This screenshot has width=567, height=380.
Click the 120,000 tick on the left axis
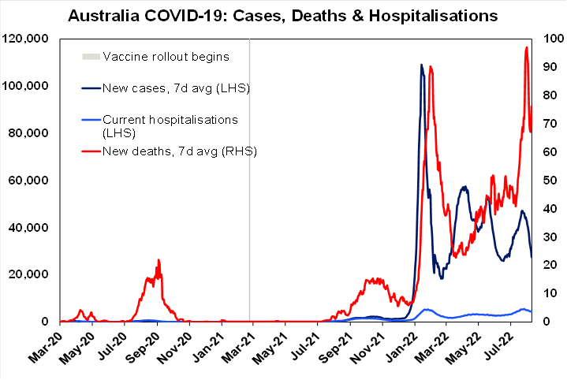pyautogui.click(x=28, y=39)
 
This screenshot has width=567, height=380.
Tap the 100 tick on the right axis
pyautogui.click(x=550, y=39)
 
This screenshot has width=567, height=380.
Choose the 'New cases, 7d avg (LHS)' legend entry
pyautogui.click(x=176, y=88)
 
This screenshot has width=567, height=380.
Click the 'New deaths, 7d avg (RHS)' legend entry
pyautogui.click(x=180, y=150)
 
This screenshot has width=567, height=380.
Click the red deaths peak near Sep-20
pyautogui.click(x=159, y=260)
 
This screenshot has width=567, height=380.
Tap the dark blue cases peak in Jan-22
pyautogui.click(x=421, y=65)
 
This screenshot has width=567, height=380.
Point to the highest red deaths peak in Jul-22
pyautogui.click(x=526, y=47)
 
